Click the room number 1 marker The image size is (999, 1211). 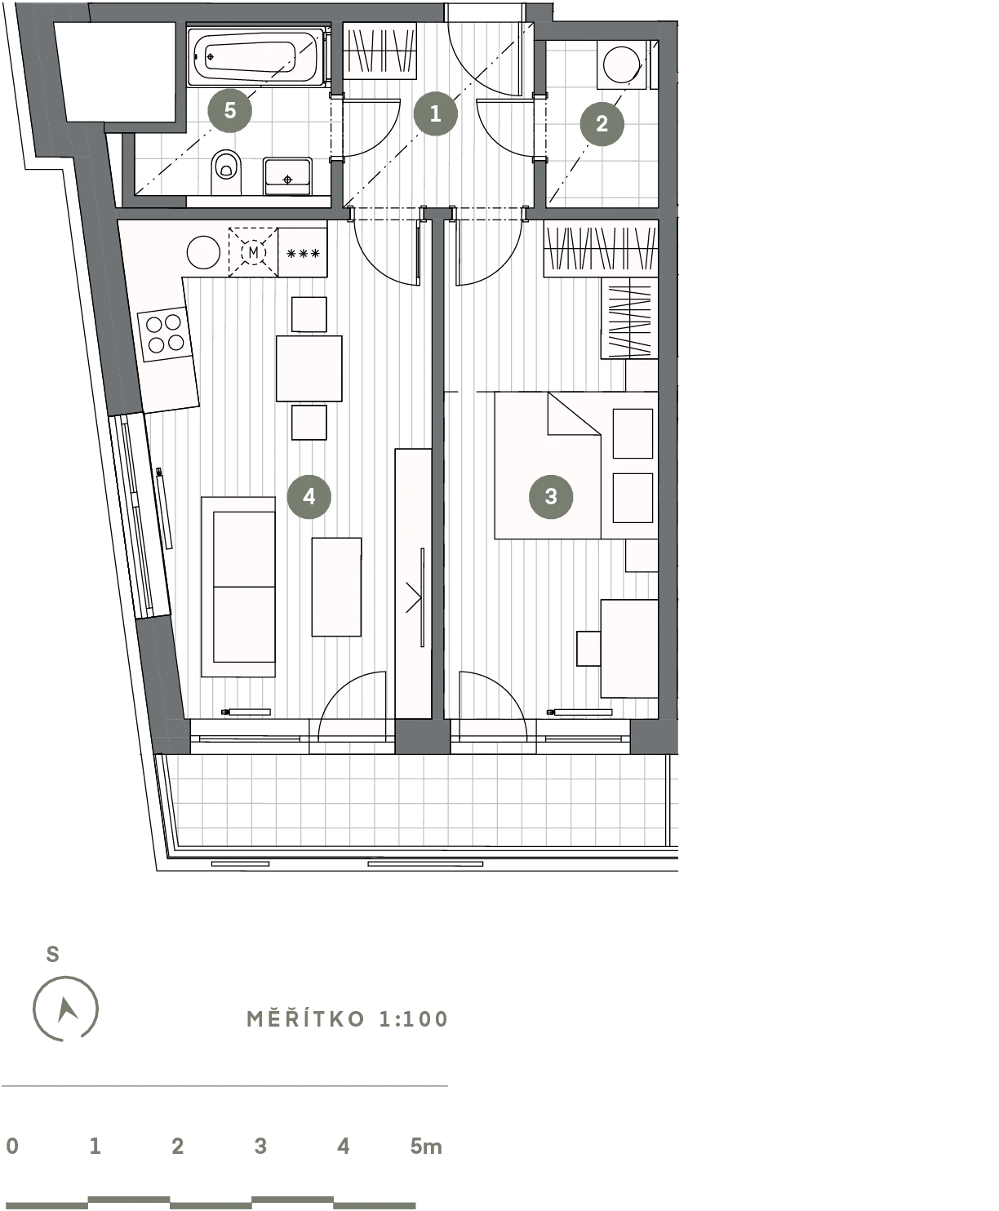(435, 113)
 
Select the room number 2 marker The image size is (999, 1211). (602, 123)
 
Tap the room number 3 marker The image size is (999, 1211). (551, 496)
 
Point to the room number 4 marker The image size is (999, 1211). (309, 496)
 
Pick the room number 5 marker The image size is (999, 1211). (229, 110)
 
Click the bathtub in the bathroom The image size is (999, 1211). (255, 57)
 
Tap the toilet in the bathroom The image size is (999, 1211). (226, 172)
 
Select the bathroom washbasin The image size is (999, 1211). (287, 175)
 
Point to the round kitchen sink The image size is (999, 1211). (203, 252)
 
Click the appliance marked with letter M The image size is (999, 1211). (253, 252)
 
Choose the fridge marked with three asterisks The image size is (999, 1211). (303, 252)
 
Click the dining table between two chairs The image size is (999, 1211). (309, 368)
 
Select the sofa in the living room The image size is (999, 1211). (238, 587)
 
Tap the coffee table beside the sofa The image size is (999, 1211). (336, 587)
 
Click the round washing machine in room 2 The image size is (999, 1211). (621, 64)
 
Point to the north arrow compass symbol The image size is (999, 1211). (65, 1009)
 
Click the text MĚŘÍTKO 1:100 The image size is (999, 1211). (348, 1019)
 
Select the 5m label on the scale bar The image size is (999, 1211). (426, 1146)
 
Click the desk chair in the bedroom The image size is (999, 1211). (588, 649)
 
